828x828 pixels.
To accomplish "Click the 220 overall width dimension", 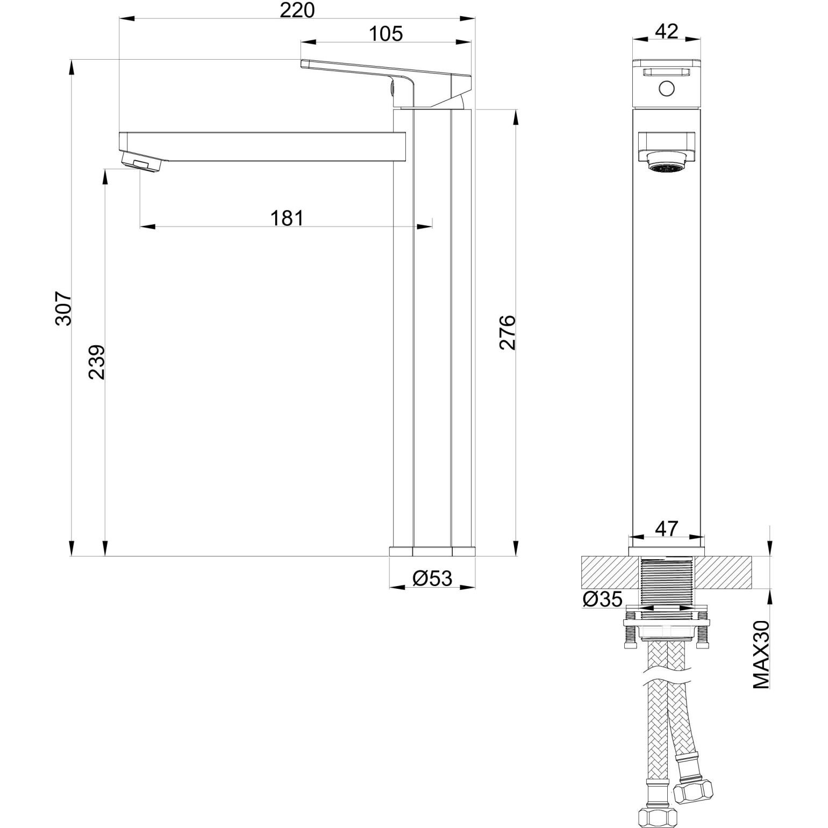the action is (297, 10).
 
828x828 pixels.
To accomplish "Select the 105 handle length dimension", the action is (386, 33).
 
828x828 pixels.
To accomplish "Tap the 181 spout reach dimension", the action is (287, 218).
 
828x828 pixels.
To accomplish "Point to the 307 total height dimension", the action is (63, 308).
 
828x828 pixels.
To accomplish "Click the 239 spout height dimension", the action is (97, 362).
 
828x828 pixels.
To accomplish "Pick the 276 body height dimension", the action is (508, 333).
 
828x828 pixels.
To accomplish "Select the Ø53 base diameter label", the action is (432, 579).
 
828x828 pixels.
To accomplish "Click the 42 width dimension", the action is (667, 31).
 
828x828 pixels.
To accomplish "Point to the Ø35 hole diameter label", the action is (602, 598).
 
